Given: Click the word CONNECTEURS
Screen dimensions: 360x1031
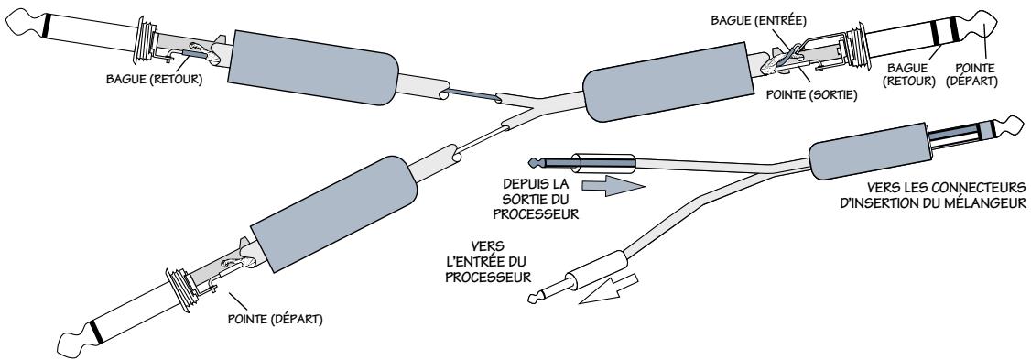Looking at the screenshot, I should (x=980, y=187).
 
